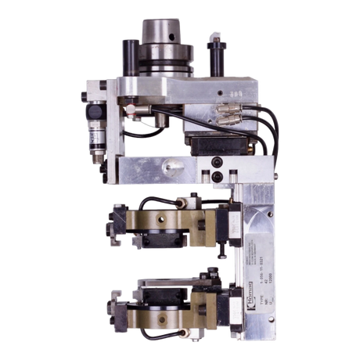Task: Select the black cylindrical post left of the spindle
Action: tap(128, 54)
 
